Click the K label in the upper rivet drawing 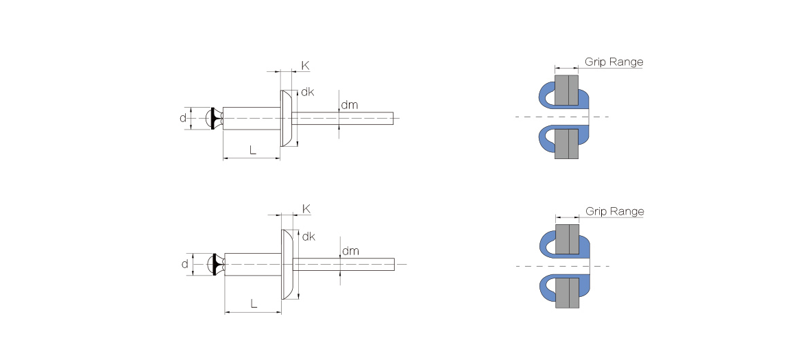[305, 66]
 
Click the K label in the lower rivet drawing [306, 208]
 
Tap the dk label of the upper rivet [307, 92]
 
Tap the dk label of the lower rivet [308, 237]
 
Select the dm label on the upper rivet [350, 105]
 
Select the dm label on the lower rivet [350, 251]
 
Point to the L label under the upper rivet [253, 150]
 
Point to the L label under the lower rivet [254, 303]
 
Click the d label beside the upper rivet [182, 118]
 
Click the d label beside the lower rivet [184, 264]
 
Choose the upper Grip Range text [614, 62]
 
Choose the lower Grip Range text [615, 211]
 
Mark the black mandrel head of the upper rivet [214, 118]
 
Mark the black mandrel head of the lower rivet [217, 264]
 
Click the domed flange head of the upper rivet [287, 118]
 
